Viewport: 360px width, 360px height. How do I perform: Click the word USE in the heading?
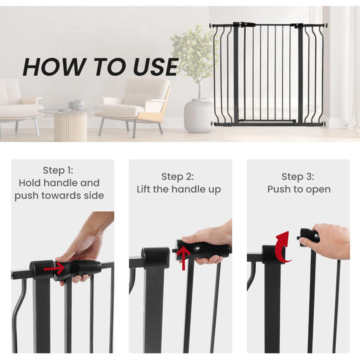155,67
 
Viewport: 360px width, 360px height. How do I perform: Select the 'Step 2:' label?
177,176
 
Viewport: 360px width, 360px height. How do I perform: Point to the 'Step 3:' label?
298,176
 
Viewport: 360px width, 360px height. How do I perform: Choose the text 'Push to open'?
298,189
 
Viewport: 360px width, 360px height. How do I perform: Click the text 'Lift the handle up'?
178,189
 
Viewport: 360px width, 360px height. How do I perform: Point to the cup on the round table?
78,104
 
